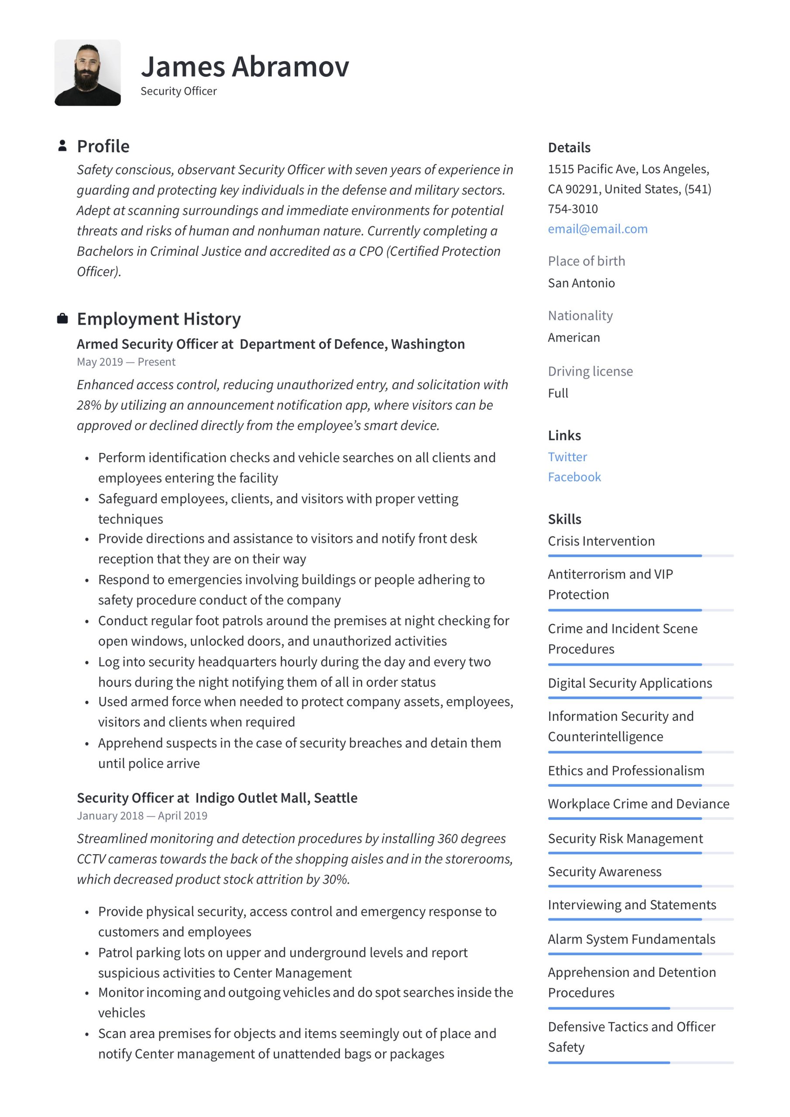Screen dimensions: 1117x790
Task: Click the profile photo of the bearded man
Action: click(x=88, y=72)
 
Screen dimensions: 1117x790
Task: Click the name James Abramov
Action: click(x=245, y=67)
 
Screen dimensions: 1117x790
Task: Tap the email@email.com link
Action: click(x=597, y=229)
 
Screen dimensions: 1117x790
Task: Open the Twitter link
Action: click(x=567, y=457)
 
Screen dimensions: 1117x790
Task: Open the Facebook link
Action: click(x=574, y=477)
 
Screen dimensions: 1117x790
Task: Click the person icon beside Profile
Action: click(x=62, y=146)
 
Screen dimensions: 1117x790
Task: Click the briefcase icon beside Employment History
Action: click(x=62, y=319)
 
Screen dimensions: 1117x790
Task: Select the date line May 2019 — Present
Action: click(x=126, y=362)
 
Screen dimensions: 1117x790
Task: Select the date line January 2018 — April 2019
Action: click(x=142, y=815)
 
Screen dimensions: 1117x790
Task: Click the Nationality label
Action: click(x=580, y=316)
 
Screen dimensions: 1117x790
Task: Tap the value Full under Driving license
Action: click(x=558, y=393)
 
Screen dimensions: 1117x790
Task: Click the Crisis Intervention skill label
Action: click(x=601, y=541)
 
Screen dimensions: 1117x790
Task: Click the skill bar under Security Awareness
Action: click(x=640, y=886)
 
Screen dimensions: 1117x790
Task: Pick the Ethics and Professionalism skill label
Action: click(x=625, y=771)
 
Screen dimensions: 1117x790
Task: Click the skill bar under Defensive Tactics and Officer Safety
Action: click(x=640, y=1062)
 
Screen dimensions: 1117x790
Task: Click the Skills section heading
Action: click(x=564, y=519)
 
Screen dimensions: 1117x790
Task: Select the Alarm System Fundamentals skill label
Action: click(x=631, y=939)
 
